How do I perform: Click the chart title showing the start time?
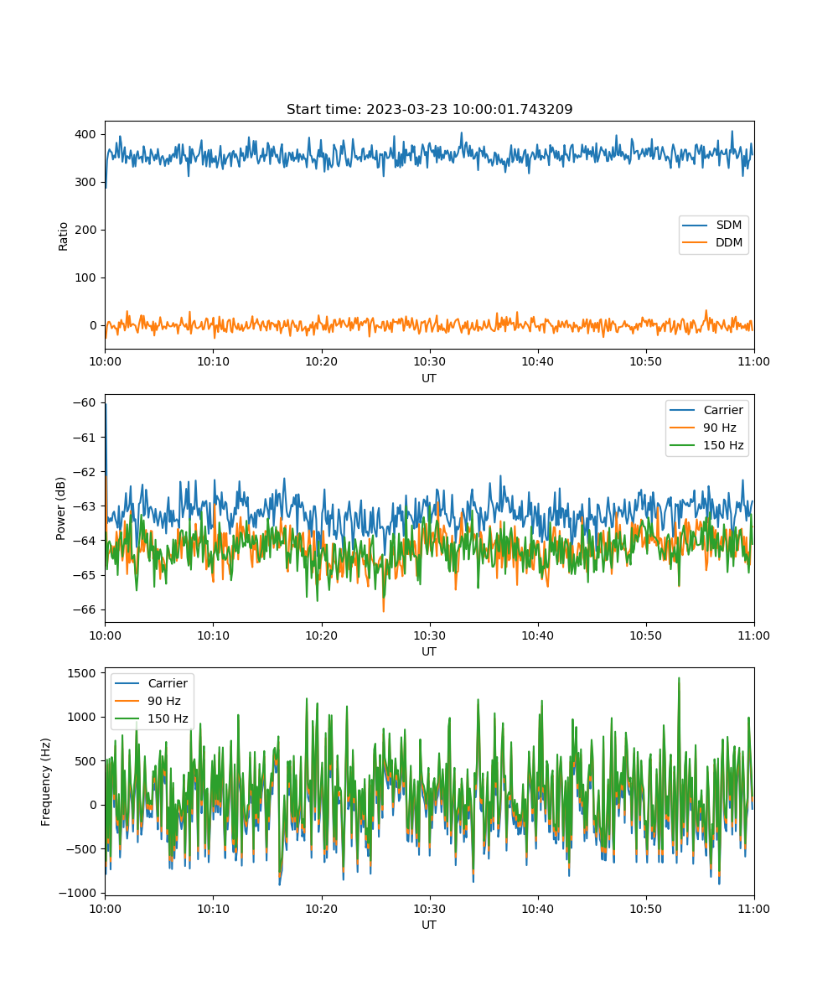pos(429,109)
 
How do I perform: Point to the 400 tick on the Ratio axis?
pos(85,134)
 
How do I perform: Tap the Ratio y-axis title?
pos(63,236)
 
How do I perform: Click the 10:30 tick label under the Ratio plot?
pos(429,361)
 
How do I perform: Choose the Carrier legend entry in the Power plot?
pos(706,410)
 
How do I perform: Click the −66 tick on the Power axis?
pos(85,609)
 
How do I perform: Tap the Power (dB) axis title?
pos(60,508)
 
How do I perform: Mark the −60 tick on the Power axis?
pos(85,402)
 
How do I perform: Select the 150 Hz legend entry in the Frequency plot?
pos(151,718)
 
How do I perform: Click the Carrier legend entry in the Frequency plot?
pos(151,683)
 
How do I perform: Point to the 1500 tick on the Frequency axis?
pos(82,673)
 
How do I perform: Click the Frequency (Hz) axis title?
pos(45,782)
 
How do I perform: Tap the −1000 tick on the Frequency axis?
pos(78,893)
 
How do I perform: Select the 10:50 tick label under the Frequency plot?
pos(645,909)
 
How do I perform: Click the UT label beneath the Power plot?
pos(428,651)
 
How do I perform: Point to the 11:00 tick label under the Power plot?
pos(753,635)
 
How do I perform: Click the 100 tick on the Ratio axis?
pos(85,277)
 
